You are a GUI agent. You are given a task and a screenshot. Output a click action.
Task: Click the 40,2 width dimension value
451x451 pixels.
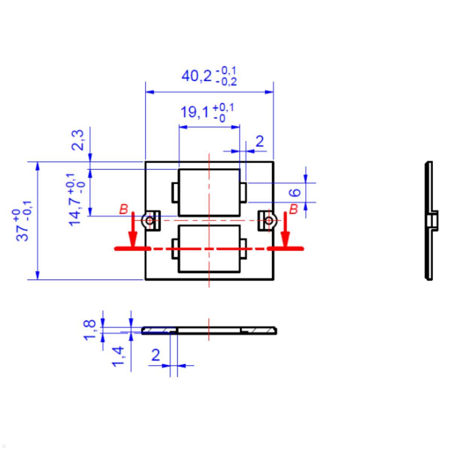click(x=196, y=76)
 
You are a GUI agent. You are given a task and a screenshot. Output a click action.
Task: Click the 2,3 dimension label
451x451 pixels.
click(x=78, y=139)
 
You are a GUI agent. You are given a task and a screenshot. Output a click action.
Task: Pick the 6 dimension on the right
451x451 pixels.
click(x=296, y=192)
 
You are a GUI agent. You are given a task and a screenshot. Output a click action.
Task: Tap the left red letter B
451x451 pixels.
click(x=123, y=209)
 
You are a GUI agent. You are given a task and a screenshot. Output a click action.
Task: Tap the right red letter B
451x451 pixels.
click(x=294, y=209)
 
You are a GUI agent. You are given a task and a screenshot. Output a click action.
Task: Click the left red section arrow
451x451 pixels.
click(x=132, y=231)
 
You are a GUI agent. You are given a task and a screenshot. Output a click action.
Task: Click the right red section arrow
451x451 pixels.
click(x=286, y=231)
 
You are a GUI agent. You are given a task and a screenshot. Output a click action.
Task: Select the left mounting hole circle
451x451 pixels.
click(x=150, y=220)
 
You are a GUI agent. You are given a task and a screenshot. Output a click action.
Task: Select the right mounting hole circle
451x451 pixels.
click(x=268, y=220)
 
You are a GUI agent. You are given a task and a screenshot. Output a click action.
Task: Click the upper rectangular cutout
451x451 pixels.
click(x=209, y=192)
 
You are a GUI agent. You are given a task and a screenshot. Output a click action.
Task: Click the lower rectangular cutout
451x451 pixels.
click(x=209, y=248)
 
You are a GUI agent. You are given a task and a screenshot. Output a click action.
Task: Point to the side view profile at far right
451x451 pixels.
click(x=430, y=221)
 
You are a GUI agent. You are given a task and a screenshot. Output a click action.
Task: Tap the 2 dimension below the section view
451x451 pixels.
click(x=155, y=355)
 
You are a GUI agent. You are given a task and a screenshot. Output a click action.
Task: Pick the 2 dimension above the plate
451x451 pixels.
click(x=259, y=142)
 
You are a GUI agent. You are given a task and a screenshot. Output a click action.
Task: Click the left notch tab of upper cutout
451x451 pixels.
click(x=175, y=192)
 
